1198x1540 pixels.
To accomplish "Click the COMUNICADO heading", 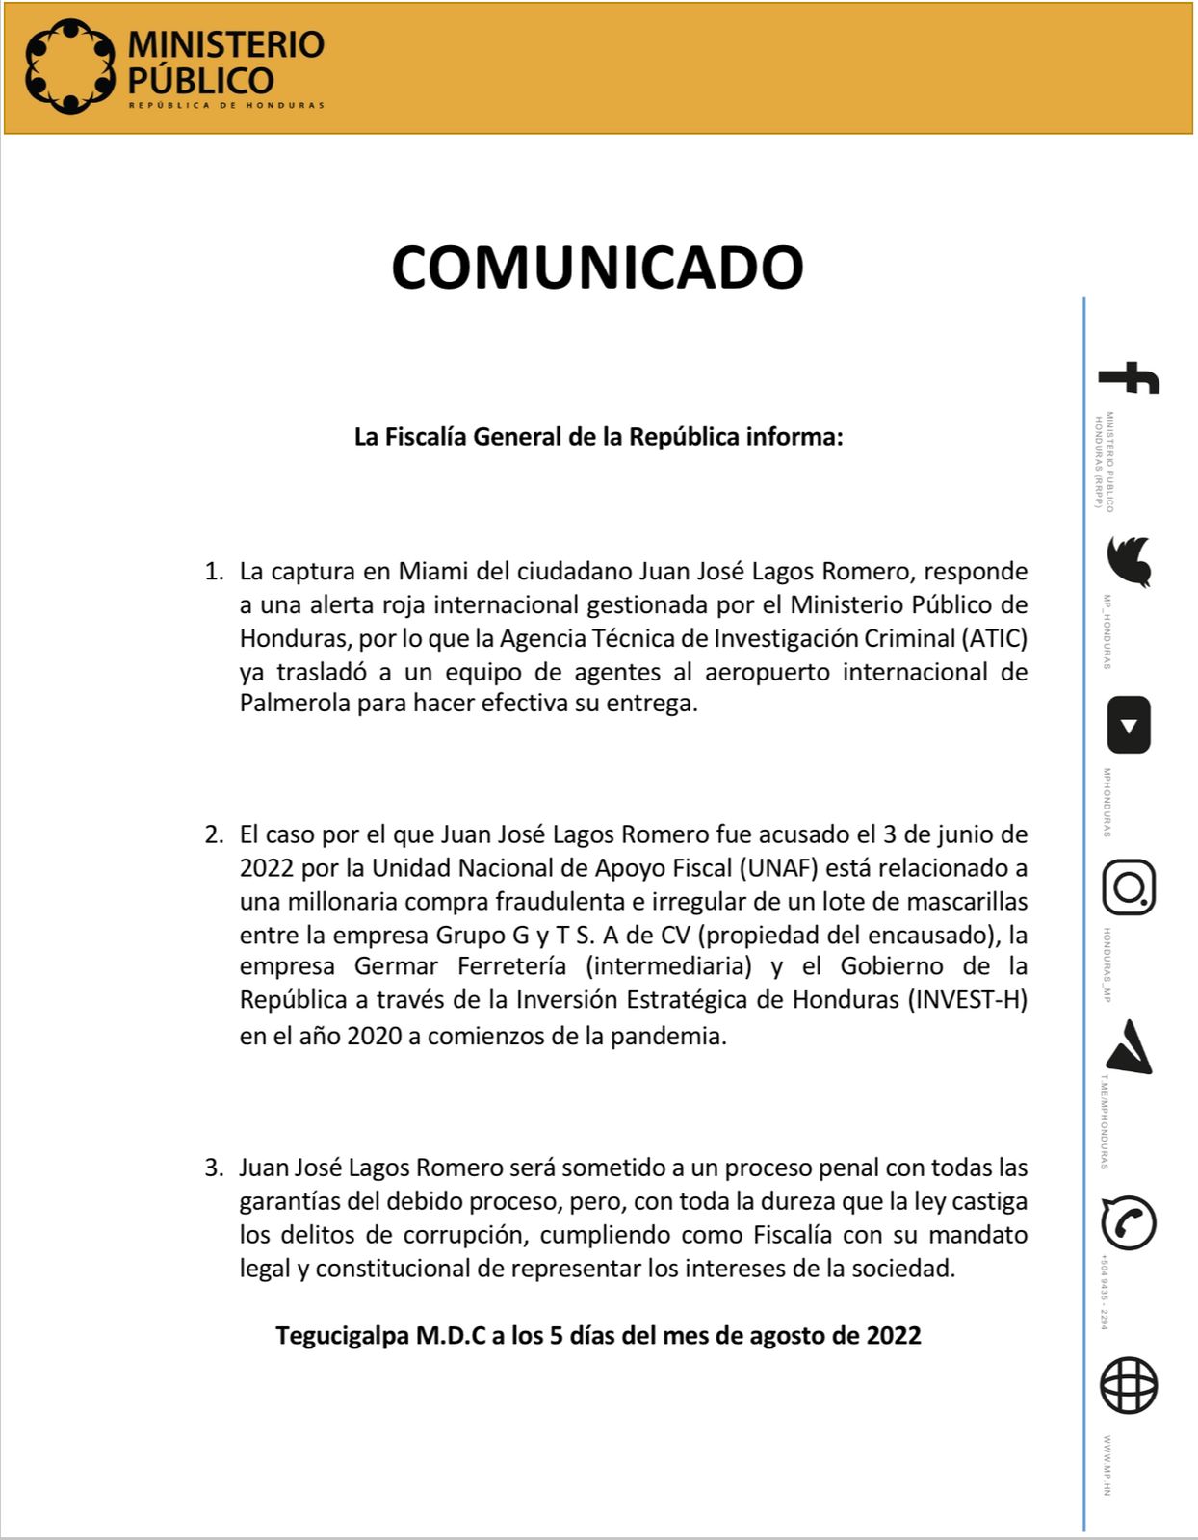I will click(597, 267).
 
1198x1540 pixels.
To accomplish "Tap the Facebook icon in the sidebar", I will click(1129, 377).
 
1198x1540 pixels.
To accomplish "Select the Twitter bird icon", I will click(1129, 561).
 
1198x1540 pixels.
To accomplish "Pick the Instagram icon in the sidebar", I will click(1129, 886).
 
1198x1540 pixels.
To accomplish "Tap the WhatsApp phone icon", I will click(1129, 1222).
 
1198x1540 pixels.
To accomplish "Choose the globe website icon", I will click(1129, 1386).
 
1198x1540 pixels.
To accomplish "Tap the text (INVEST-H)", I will click(967, 999).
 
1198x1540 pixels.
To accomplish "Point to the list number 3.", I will click(212, 1168).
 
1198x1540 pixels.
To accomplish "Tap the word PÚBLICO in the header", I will click(201, 80).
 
